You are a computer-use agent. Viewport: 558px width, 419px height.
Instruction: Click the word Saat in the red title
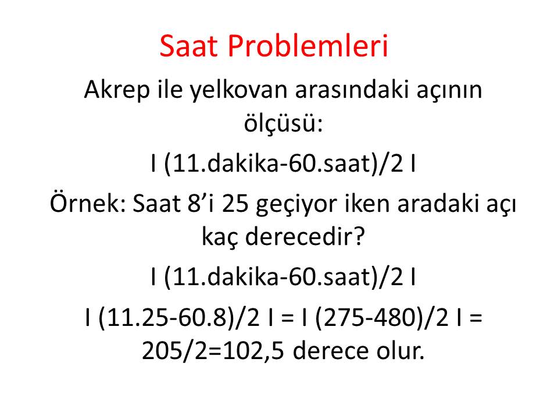coord(188,46)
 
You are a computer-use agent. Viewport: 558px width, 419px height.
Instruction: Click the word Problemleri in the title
coord(307,46)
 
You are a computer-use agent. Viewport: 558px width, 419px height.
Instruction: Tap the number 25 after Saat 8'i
coord(235,204)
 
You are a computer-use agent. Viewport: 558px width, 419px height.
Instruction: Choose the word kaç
coord(220,237)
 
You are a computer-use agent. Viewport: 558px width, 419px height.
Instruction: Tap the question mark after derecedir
coord(359,236)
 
